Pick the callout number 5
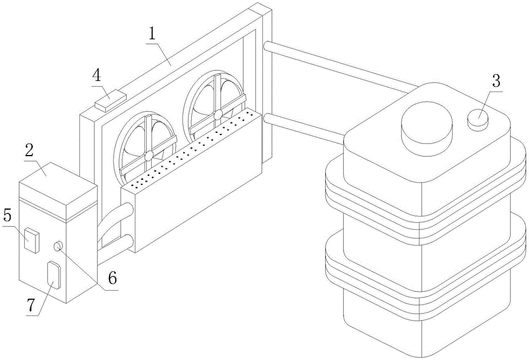[7, 215]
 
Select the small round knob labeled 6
[58, 246]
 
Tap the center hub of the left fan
[149, 155]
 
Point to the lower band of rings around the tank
[423, 278]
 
